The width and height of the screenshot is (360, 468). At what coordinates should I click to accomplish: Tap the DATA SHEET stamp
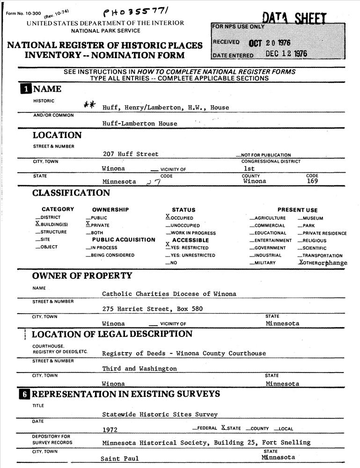pyautogui.click(x=294, y=18)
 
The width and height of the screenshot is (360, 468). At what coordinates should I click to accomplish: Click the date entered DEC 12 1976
pyautogui.click(x=286, y=54)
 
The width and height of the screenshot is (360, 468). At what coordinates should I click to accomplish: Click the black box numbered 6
pyautogui.click(x=24, y=394)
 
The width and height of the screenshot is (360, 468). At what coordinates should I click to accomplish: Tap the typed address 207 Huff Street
pyautogui.click(x=131, y=154)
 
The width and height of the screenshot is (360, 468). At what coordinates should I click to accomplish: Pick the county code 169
pyautogui.click(x=313, y=181)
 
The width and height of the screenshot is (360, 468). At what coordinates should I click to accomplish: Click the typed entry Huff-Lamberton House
pyautogui.click(x=140, y=124)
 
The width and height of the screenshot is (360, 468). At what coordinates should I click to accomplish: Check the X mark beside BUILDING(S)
pyautogui.click(x=37, y=224)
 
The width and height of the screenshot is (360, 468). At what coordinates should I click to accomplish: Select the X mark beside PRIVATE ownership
pyautogui.click(x=88, y=224)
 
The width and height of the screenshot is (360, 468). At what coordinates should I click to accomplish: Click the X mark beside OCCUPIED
pyautogui.click(x=168, y=217)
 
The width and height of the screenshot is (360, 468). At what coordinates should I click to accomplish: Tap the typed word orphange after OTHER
pyautogui.click(x=334, y=263)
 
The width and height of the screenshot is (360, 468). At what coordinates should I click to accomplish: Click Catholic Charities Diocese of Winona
pyautogui.click(x=169, y=294)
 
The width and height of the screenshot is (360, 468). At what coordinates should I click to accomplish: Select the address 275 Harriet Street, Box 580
pyautogui.click(x=153, y=309)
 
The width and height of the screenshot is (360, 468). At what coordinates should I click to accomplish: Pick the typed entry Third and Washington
pyautogui.click(x=140, y=369)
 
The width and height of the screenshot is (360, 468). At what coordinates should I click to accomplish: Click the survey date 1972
pyautogui.click(x=110, y=429)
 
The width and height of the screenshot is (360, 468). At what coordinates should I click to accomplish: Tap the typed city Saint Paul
pyautogui.click(x=119, y=459)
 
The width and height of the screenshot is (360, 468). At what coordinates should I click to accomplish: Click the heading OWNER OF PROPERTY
pyautogui.click(x=82, y=276)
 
